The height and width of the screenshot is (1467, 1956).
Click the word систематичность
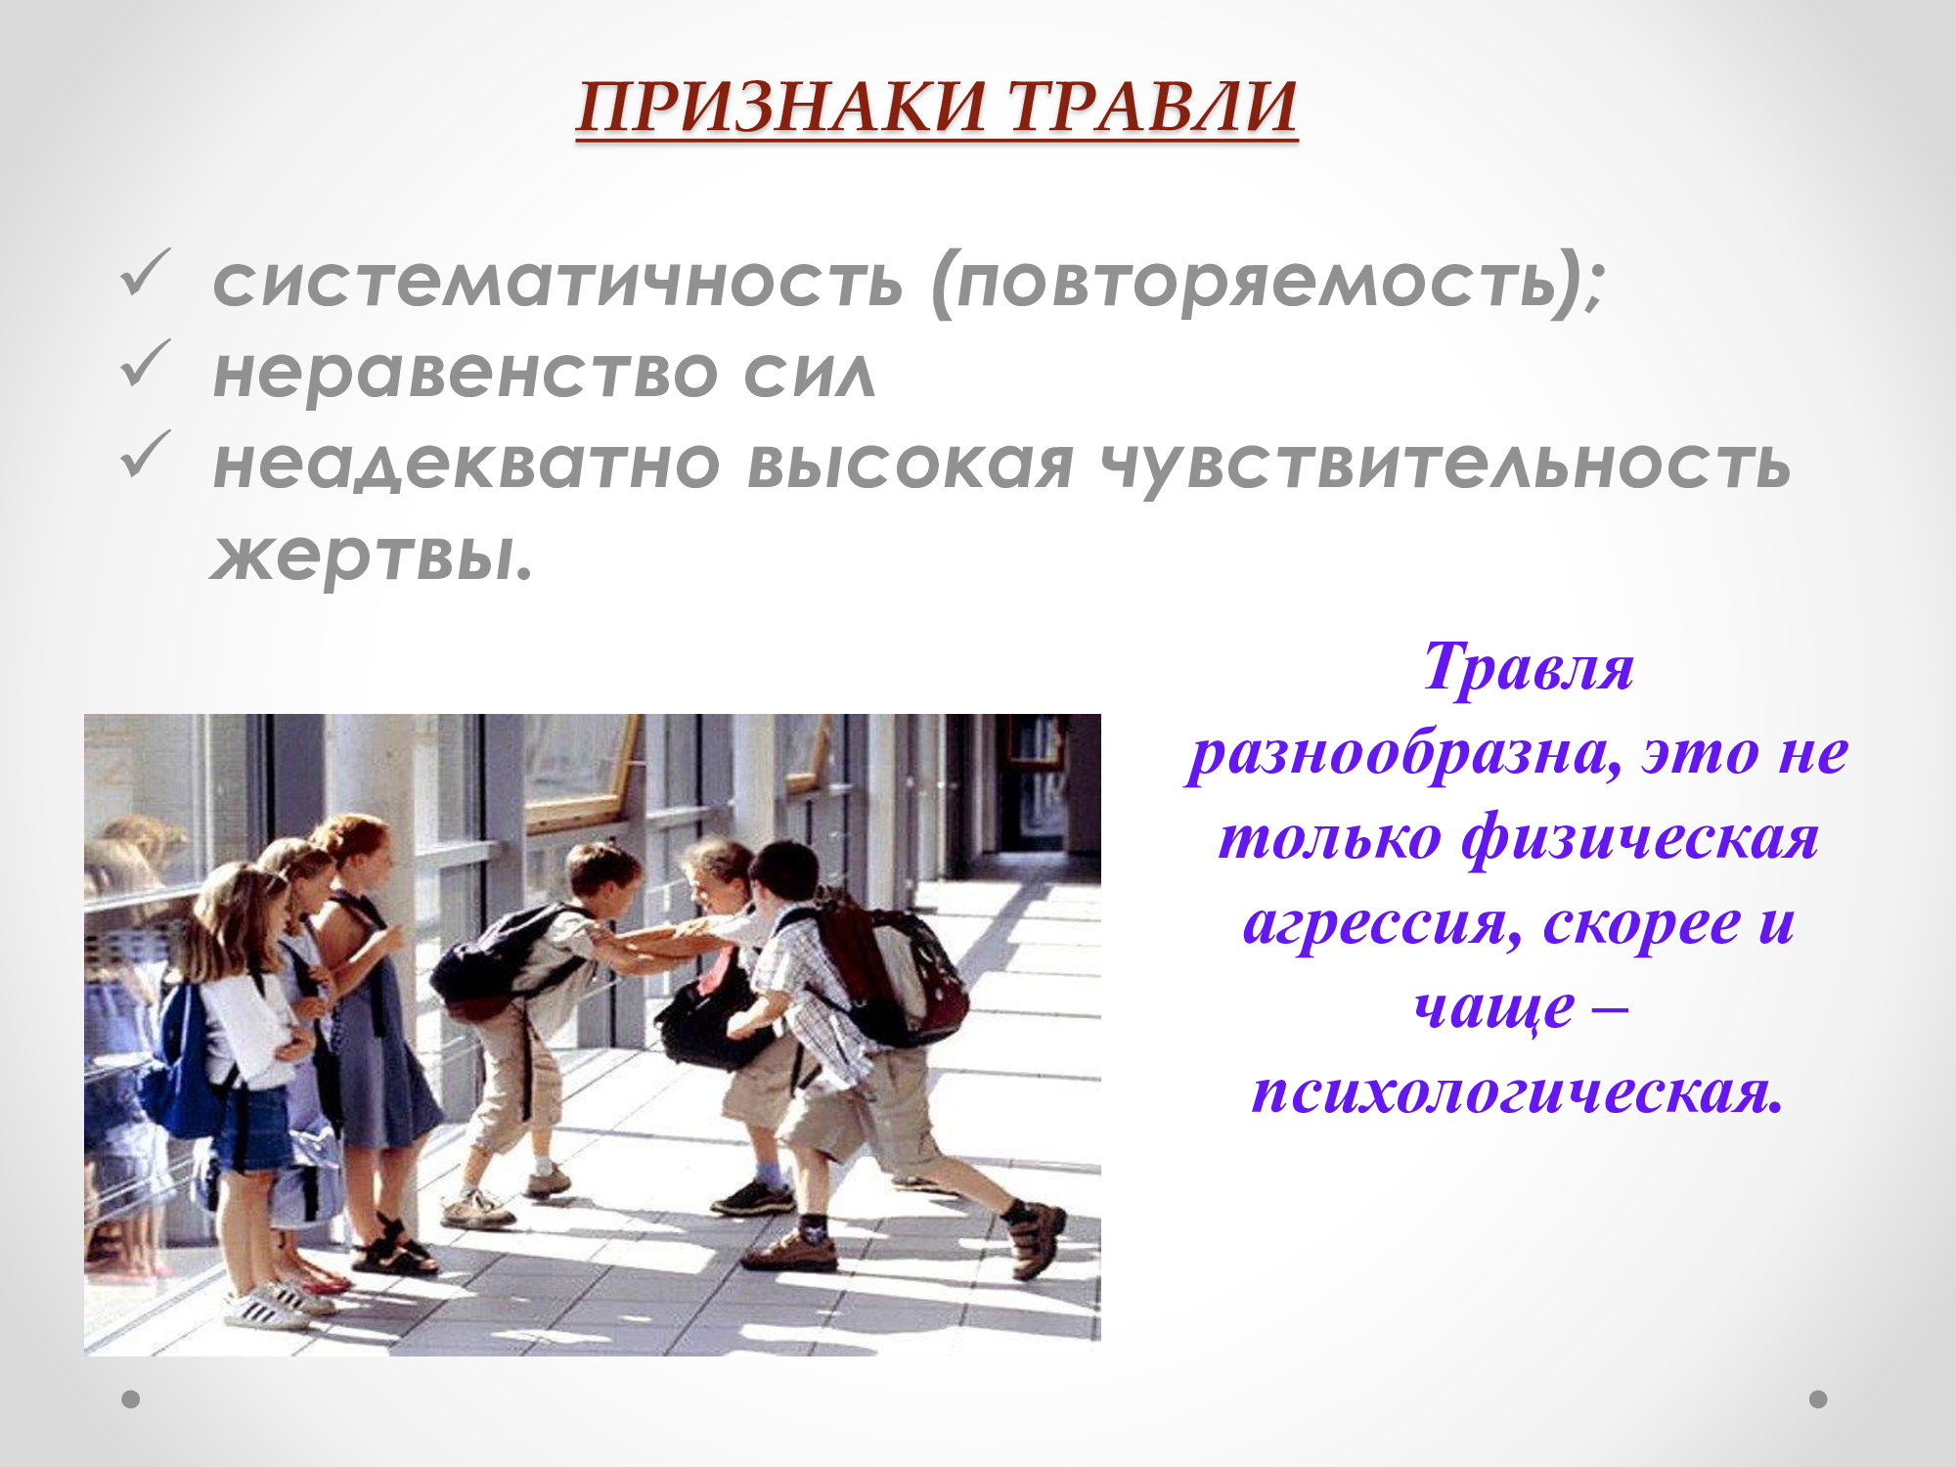tap(557, 282)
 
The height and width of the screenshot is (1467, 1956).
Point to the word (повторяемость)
tap(1267, 284)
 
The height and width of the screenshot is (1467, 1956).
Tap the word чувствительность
tap(1445, 466)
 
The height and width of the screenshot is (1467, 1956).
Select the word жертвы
tap(372, 556)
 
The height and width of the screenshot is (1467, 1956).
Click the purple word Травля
tap(1529, 667)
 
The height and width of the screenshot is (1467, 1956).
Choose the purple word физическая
tap(1640, 839)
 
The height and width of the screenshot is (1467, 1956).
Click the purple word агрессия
tap(1382, 923)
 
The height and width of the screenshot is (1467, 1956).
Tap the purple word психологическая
tap(1518, 1091)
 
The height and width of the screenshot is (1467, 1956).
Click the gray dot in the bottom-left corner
tap(130, 1400)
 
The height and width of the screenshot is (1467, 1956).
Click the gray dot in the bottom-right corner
tap(1818, 1400)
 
